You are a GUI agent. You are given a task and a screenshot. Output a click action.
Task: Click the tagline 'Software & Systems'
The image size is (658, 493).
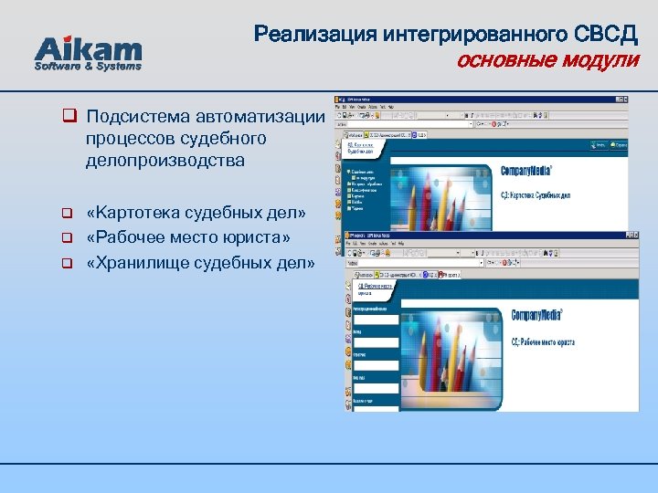click(89, 66)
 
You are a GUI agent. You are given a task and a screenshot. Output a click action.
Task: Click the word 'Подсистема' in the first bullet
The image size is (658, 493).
click(134, 117)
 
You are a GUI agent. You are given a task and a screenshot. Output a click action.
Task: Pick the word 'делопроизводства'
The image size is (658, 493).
click(166, 161)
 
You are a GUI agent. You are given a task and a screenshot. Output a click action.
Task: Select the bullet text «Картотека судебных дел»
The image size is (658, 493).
click(196, 214)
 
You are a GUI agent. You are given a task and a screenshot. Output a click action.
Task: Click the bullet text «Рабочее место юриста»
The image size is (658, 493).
click(188, 238)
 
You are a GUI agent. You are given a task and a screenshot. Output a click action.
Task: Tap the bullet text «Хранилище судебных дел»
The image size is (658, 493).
click(200, 264)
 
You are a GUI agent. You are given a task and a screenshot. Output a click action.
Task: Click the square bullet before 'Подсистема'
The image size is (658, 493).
click(68, 117)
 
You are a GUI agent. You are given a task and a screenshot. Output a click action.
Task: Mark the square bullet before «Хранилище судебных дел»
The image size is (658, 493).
click(67, 265)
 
